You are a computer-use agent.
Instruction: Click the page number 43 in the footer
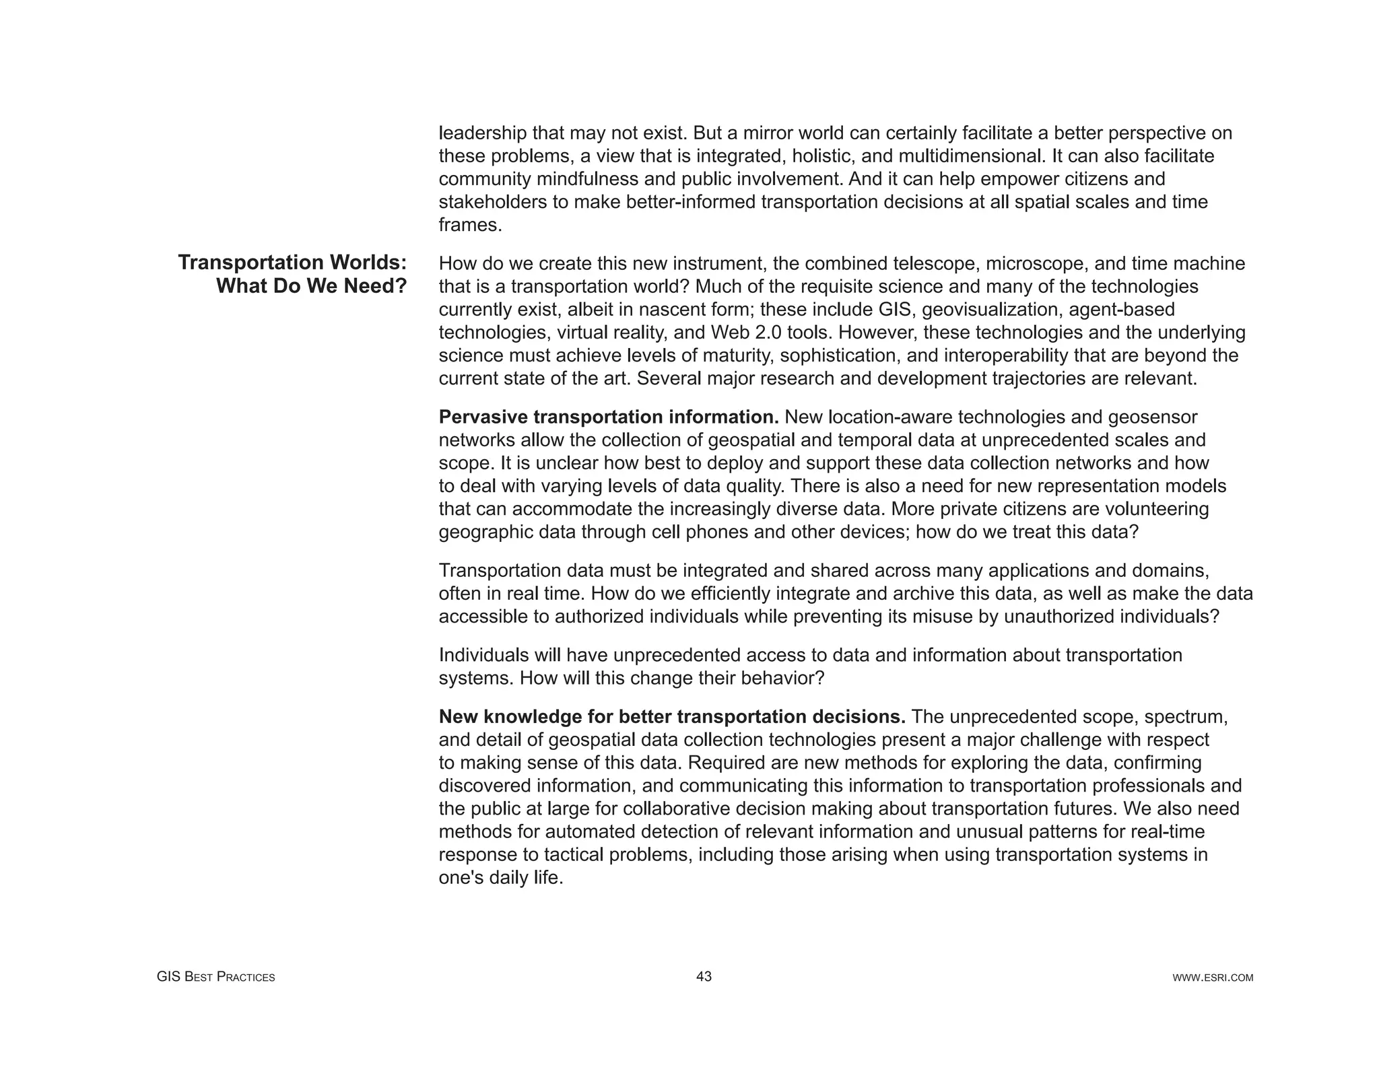pyautogui.click(x=704, y=976)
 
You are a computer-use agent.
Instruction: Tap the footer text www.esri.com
pyautogui.click(x=1213, y=977)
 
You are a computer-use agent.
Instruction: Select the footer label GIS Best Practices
pyautogui.click(x=215, y=977)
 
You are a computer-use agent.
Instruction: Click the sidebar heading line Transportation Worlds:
pyautogui.click(x=292, y=263)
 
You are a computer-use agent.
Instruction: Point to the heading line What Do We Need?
pyautogui.click(x=311, y=286)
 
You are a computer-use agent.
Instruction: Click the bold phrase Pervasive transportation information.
pyautogui.click(x=608, y=417)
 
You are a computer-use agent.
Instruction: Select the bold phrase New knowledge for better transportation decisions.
pyautogui.click(x=671, y=717)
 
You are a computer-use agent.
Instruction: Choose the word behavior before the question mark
pyautogui.click(x=777, y=678)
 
